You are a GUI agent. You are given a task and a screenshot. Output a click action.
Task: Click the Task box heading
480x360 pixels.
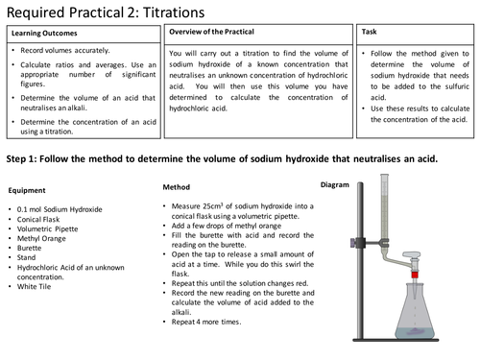(371, 32)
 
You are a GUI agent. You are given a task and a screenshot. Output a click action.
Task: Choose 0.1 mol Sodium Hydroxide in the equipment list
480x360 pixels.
(63, 208)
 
